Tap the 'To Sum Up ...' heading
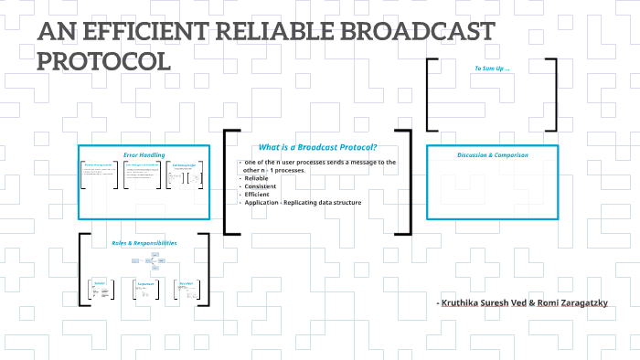tap(491, 69)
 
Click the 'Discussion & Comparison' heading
tap(492, 154)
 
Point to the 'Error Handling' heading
tap(144, 154)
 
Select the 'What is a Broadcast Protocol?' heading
tap(317, 147)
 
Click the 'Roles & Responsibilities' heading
tap(144, 243)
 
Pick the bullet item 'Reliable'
tap(257, 178)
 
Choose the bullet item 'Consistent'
tap(261, 186)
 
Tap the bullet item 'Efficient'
tap(259, 195)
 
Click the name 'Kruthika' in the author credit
tap(463, 302)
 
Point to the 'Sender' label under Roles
tap(100, 283)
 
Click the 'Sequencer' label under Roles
tap(144, 283)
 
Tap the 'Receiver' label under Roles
tap(186, 283)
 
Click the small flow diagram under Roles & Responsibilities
tap(144, 263)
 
